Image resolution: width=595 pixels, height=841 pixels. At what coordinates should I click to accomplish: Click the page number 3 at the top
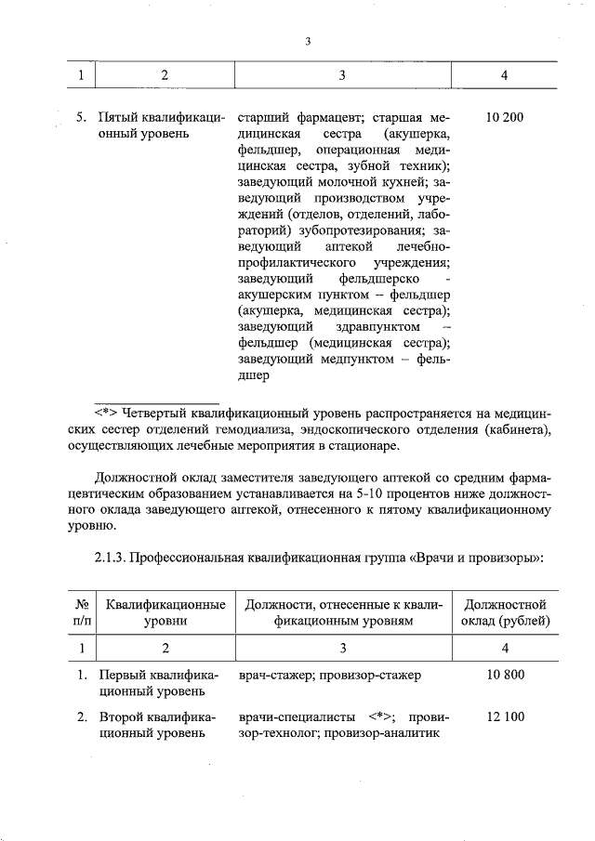click(x=307, y=41)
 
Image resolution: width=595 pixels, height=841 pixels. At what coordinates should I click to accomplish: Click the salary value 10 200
click(x=505, y=118)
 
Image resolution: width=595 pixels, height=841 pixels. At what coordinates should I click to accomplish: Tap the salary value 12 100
click(x=506, y=716)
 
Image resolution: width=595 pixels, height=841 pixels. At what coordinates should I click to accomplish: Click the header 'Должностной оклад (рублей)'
click(x=506, y=612)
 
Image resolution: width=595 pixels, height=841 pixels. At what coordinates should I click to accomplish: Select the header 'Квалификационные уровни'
click(x=165, y=612)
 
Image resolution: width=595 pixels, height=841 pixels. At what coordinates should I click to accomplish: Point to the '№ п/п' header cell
click(x=82, y=612)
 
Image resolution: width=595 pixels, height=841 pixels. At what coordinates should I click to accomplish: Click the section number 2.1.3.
click(x=110, y=559)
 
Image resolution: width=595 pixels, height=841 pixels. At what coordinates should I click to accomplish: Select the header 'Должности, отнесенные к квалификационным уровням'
click(x=343, y=612)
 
